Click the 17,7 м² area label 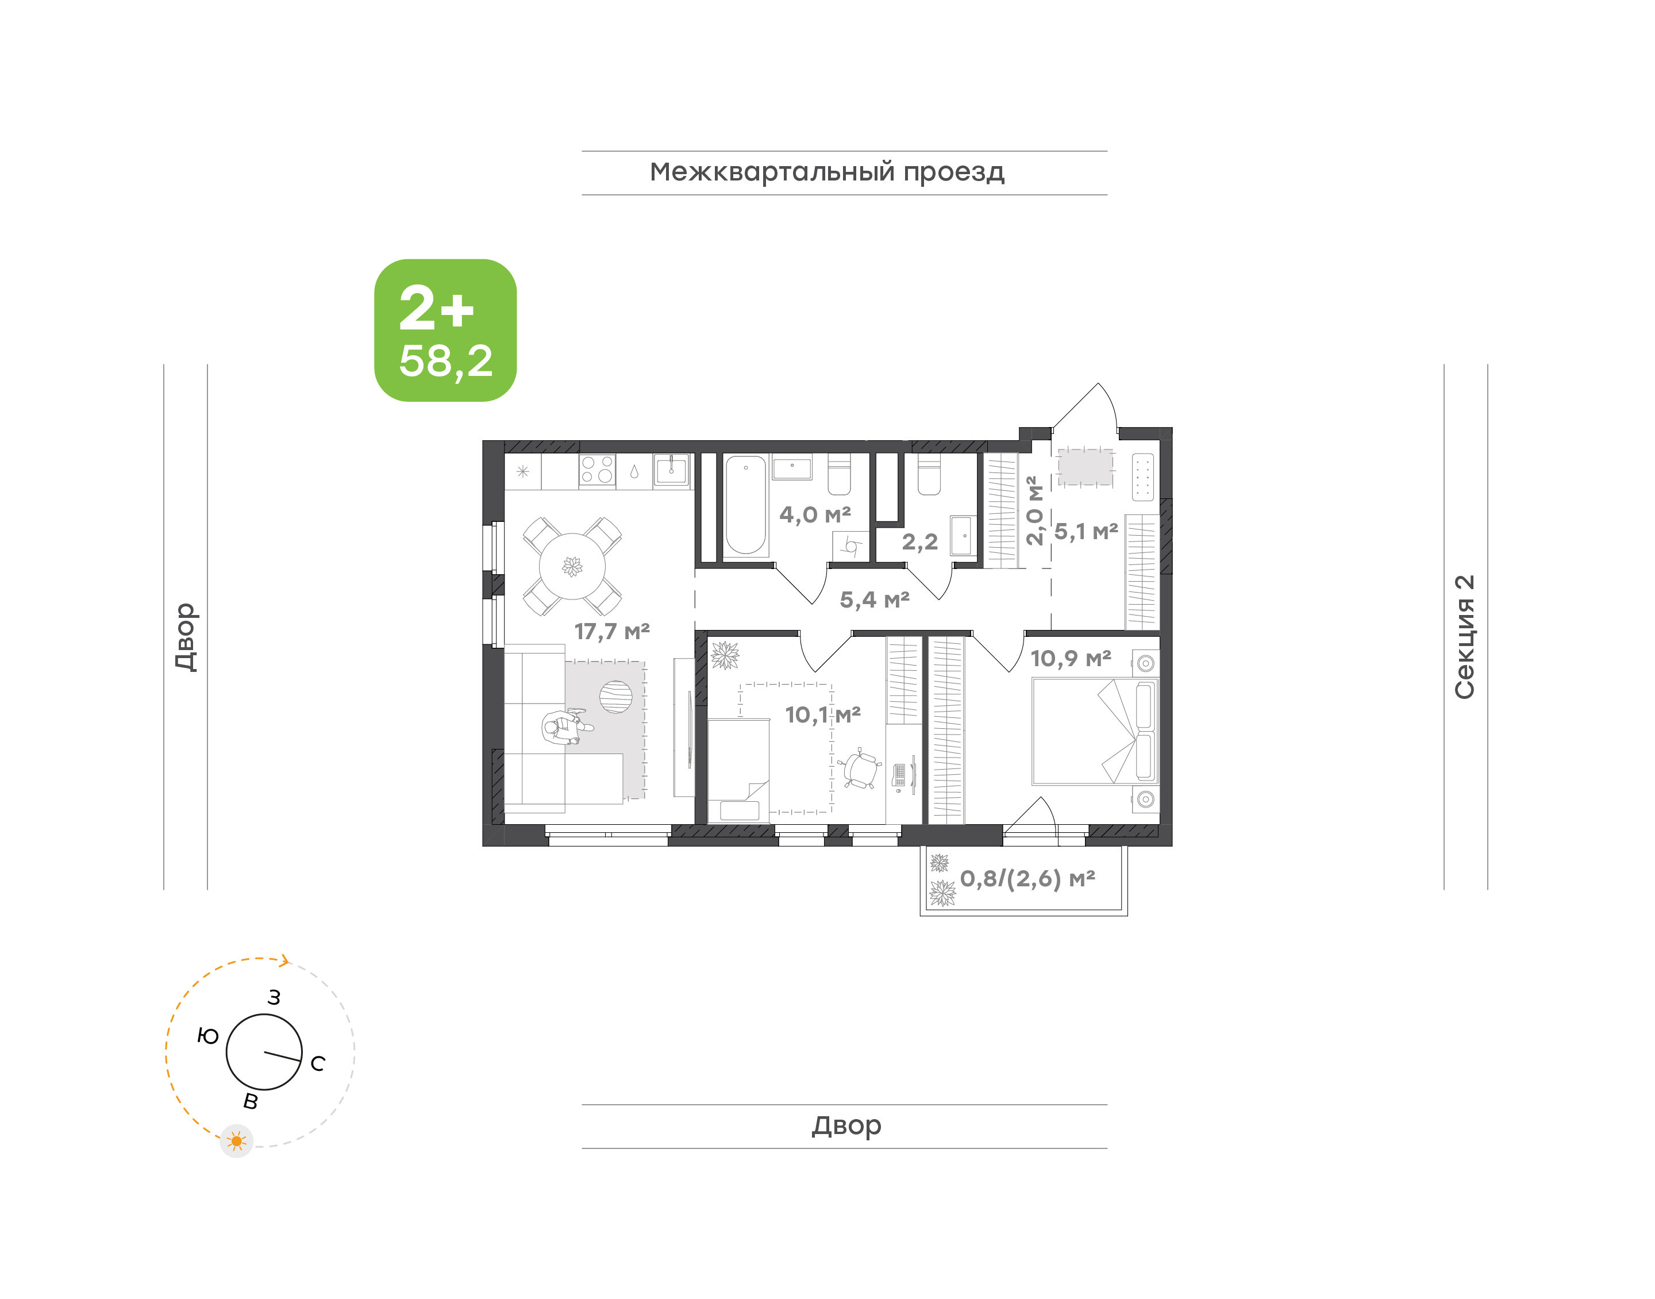point(612,631)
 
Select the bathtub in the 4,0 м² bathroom point(746,506)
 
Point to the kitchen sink point(671,469)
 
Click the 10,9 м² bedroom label point(1071,658)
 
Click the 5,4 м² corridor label point(874,600)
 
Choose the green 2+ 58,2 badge point(445,330)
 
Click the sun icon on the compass point(236,1141)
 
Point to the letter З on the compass point(274,997)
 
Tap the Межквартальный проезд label point(827,172)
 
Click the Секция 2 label point(1464,637)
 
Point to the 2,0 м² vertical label point(1033,510)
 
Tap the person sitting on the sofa point(567,727)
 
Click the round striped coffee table point(616,697)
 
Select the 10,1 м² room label point(822,715)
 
